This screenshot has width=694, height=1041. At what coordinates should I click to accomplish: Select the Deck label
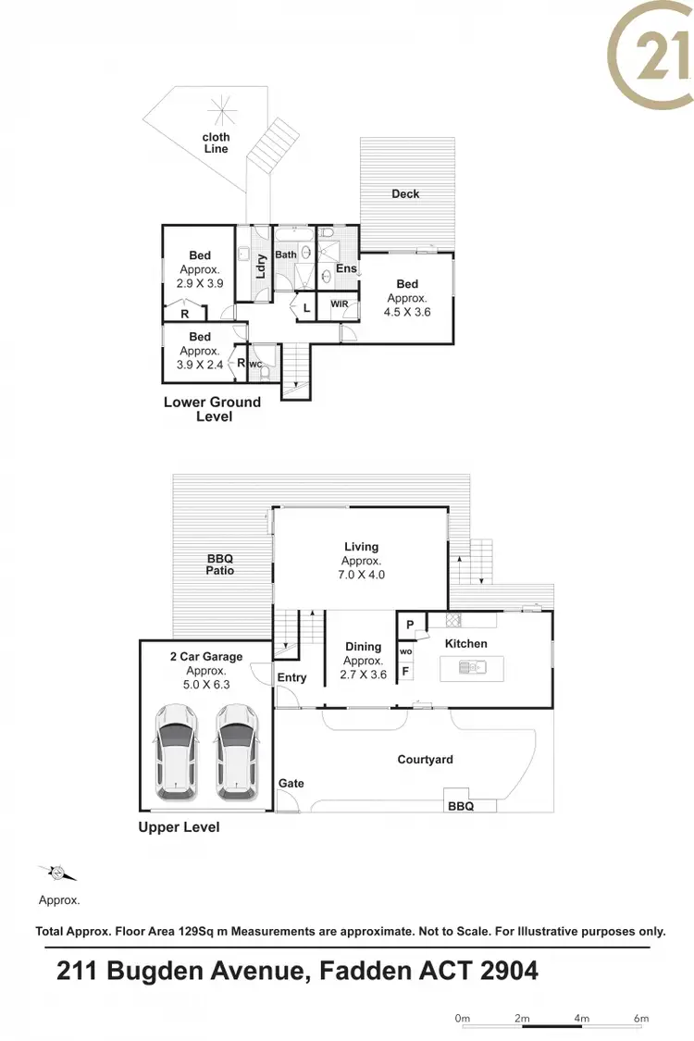click(405, 193)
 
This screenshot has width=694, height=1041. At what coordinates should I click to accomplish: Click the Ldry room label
click(261, 266)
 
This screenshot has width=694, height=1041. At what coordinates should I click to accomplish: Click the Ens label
click(346, 269)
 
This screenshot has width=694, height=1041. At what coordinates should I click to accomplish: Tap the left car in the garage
click(176, 750)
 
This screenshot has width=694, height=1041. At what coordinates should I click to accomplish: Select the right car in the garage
click(237, 750)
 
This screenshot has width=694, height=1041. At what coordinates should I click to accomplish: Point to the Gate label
click(291, 784)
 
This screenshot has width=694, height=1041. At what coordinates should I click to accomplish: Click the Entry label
click(291, 677)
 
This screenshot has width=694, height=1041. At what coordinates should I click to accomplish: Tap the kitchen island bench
click(472, 666)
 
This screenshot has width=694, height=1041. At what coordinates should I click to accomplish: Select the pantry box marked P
click(410, 625)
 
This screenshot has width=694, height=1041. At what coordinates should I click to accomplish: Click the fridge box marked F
click(405, 672)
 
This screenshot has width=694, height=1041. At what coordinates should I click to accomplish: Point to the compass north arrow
click(57, 873)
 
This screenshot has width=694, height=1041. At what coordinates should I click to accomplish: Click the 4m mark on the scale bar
click(581, 1018)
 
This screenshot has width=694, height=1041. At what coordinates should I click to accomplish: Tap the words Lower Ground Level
click(213, 409)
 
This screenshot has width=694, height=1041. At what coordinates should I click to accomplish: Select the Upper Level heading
click(179, 827)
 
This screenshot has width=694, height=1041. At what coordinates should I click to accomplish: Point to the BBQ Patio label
click(220, 564)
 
